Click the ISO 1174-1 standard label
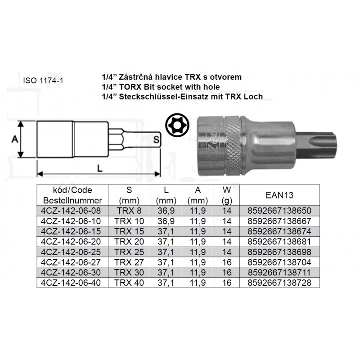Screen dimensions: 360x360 point(43,81)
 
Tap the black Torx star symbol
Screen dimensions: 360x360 point(177,126)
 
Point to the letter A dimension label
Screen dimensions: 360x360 point(15,139)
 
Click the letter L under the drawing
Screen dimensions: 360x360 point(99,168)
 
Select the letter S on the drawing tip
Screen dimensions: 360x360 point(156,139)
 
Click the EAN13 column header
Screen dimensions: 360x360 point(279,195)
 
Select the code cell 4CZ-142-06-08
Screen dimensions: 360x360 point(71,211)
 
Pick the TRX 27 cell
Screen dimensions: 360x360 point(129,262)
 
